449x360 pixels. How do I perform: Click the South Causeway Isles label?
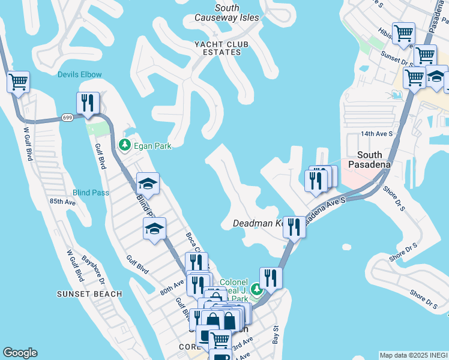(227, 13)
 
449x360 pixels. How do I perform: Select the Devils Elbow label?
(80, 74)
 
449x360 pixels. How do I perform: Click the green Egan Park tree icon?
(125, 145)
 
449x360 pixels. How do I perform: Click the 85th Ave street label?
(62, 202)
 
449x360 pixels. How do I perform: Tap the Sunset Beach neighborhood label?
(89, 294)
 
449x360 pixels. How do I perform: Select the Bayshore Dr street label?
(94, 272)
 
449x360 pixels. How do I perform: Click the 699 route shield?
(67, 118)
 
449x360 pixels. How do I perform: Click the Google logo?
(20, 353)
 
